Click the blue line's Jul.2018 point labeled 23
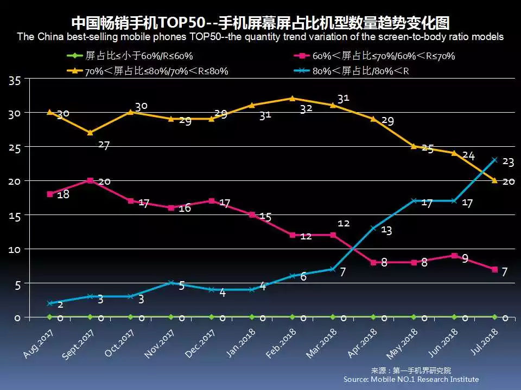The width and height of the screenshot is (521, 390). (x=494, y=160)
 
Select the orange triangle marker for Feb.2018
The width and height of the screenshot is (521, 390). (x=292, y=99)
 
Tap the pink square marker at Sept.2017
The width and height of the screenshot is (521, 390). (x=90, y=180)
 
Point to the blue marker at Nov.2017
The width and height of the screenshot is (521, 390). (x=171, y=283)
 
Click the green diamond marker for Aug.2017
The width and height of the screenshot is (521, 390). (x=49, y=317)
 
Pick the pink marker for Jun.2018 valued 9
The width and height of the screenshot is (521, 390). (x=454, y=255)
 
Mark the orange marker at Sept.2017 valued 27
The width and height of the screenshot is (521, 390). (x=90, y=133)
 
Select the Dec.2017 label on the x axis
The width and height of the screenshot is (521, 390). (x=201, y=344)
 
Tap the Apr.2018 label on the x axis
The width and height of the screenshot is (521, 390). (x=363, y=344)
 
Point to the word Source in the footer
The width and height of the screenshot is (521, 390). (x=356, y=379)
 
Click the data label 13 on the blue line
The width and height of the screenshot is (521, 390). (x=386, y=230)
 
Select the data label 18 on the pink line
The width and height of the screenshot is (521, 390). (x=63, y=194)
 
